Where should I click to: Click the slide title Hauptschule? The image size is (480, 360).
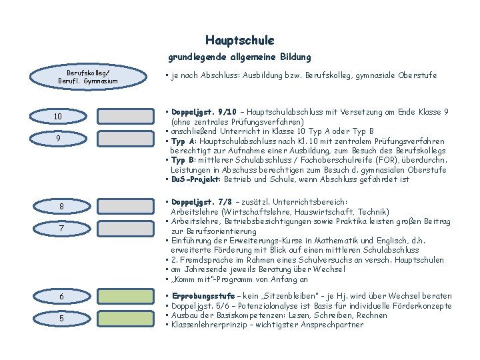click(239, 41)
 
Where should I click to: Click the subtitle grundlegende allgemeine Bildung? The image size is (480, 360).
click(239, 58)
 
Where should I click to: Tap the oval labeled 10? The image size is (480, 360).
click(59, 117)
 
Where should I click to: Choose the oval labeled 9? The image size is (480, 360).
click(59, 139)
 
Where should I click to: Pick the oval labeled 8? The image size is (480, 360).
click(61, 207)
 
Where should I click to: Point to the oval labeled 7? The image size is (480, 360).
click(61, 229)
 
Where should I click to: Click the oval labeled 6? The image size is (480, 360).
click(61, 297)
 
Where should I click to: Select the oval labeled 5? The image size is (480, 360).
click(61, 319)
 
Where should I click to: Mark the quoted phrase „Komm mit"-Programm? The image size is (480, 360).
click(206, 280)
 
